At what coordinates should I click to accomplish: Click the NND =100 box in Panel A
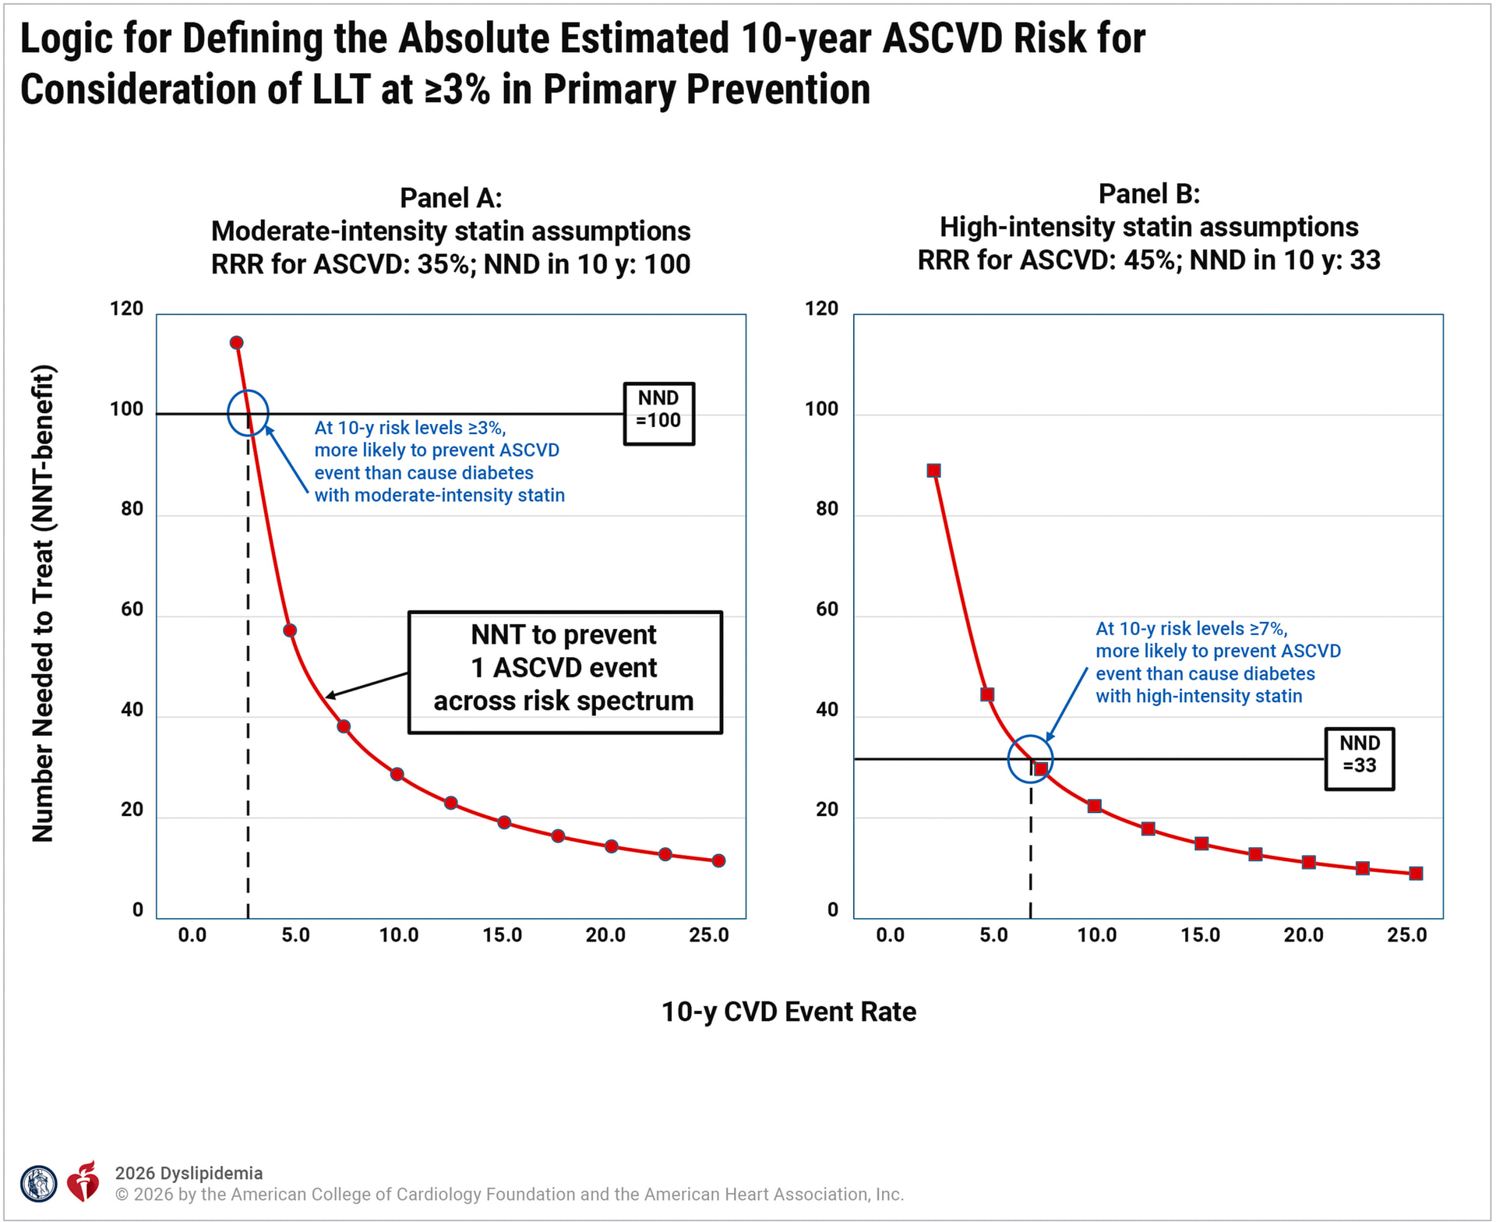coord(658,413)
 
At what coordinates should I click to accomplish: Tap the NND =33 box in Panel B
coord(1360,758)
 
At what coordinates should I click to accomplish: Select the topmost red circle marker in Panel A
coord(237,343)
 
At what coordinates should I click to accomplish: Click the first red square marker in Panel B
coord(933,471)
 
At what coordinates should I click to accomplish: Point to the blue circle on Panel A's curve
coord(248,412)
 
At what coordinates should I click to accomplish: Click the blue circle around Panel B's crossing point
coord(1030,758)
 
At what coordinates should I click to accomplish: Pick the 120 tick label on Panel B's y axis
coord(822,309)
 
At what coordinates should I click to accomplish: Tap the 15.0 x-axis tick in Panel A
coord(503,935)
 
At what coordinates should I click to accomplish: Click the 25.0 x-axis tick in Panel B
coord(1407,935)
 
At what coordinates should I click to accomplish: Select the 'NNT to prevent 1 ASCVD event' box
coord(565,672)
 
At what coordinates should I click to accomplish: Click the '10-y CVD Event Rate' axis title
coord(789,1012)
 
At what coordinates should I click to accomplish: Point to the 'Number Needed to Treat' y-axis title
coord(43,604)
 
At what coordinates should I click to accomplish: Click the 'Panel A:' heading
coord(450,198)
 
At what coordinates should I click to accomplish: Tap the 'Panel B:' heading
coord(1148,194)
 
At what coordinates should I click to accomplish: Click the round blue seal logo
coord(38,1185)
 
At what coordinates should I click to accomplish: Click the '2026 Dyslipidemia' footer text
coord(189,1173)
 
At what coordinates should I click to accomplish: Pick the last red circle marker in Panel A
coord(718,860)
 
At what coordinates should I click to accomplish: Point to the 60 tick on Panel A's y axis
coord(132,609)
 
